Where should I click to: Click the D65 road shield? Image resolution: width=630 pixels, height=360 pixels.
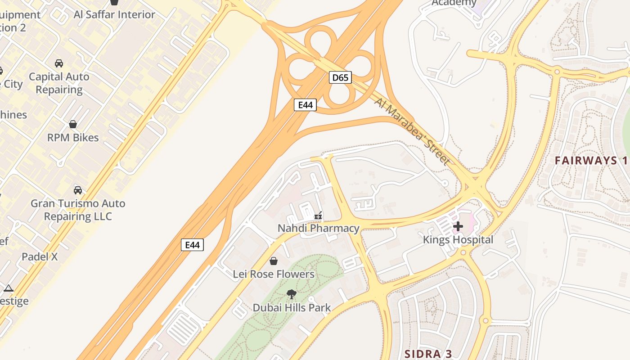[340, 77]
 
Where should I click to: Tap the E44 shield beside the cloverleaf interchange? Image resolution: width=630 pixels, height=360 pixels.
[305, 105]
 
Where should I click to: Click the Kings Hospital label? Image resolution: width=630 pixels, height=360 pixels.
[458, 240]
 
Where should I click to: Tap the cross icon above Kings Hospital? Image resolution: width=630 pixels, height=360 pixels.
[458, 226]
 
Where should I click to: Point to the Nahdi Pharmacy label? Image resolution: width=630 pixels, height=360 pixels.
[319, 228]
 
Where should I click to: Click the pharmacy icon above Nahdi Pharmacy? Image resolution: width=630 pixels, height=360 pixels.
[318, 216]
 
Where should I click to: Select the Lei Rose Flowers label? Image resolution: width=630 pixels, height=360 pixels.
[274, 274]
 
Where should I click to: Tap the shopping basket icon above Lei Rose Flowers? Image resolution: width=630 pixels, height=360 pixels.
[273, 261]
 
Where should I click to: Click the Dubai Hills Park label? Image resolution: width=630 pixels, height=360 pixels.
[292, 308]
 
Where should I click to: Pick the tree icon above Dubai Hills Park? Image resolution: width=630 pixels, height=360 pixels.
[292, 294]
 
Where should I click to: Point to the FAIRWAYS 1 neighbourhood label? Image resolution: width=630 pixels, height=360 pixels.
[591, 160]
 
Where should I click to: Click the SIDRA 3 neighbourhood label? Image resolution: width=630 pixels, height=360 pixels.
[428, 353]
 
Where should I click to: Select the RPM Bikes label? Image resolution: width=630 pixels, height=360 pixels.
[73, 137]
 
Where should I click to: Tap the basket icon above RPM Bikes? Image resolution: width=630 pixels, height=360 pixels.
[73, 124]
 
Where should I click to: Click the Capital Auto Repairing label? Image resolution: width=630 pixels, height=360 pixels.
[59, 83]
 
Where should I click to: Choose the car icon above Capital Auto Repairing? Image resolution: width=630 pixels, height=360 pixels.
[59, 63]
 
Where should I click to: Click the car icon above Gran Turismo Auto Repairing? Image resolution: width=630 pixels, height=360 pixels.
[78, 190]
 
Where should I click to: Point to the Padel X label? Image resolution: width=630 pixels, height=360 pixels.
[40, 257]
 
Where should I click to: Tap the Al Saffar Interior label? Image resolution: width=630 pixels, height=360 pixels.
[114, 14]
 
